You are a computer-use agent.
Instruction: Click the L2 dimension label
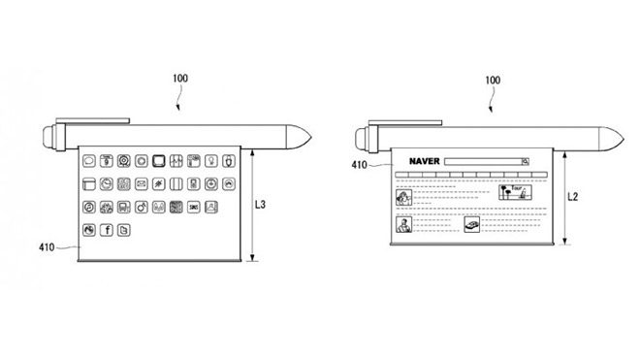point(575,196)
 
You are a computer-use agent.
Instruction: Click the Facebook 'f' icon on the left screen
point(108,230)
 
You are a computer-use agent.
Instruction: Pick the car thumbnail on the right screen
point(472,224)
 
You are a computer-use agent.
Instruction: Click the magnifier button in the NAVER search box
point(525,161)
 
